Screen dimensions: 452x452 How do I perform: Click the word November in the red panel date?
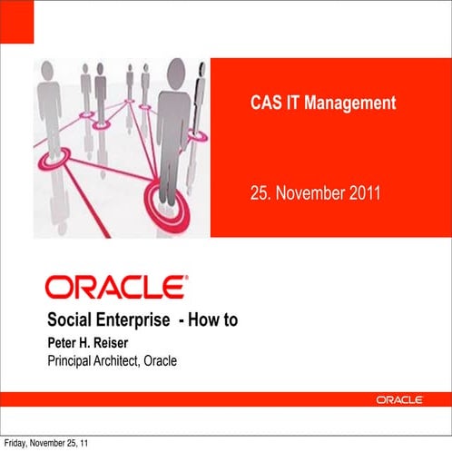point(308,192)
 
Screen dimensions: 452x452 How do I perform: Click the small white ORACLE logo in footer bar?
point(404,399)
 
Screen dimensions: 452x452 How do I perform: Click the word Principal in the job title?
point(71,361)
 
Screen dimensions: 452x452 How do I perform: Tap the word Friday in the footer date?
point(15,444)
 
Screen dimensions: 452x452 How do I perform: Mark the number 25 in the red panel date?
point(259,192)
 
